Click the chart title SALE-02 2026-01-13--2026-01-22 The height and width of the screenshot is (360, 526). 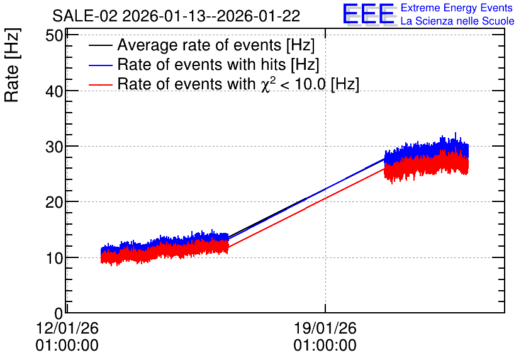[x=176, y=16]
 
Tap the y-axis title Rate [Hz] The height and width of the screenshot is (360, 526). [x=12, y=65]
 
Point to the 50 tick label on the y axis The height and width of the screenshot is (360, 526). [x=54, y=35]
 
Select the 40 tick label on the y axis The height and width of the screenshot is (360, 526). [x=54, y=91]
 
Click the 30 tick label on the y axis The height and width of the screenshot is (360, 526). [x=54, y=147]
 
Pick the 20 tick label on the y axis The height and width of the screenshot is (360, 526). [x=54, y=202]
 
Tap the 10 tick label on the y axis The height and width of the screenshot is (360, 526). [x=54, y=258]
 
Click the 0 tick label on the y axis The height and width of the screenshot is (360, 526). [x=59, y=313]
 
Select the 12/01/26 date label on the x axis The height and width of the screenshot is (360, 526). [x=67, y=328]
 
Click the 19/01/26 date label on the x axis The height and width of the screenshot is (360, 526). [x=325, y=328]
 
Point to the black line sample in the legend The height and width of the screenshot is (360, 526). [x=100, y=45]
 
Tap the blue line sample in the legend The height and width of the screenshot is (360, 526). [x=100, y=65]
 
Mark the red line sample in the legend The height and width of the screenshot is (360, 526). [x=100, y=84]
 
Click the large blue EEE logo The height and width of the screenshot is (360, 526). [x=368, y=14]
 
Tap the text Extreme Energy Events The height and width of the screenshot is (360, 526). [x=457, y=8]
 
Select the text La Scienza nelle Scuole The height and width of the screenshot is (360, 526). [x=457, y=21]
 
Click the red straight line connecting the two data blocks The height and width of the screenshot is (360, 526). [x=306, y=207]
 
